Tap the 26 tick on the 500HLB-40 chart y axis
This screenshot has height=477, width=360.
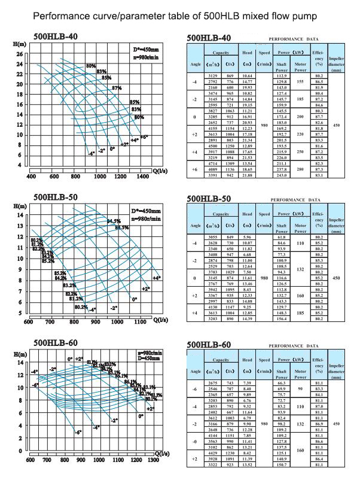(19, 53)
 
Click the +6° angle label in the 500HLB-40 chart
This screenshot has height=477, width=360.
(144, 136)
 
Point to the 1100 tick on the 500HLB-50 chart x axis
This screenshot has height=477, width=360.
(141, 321)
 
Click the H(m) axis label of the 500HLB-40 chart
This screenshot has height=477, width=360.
(18, 45)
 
